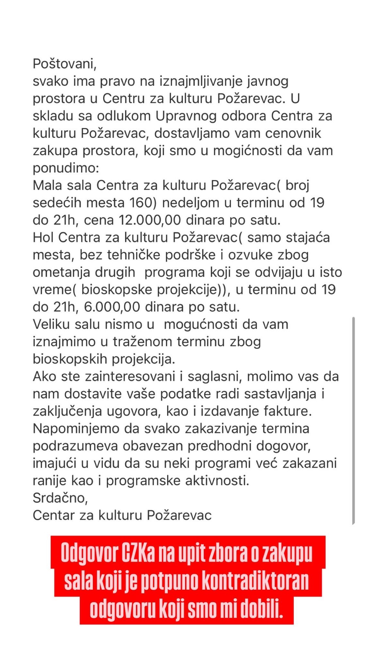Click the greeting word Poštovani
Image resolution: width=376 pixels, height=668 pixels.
coord(64,64)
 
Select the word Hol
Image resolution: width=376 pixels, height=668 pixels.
coord(43,237)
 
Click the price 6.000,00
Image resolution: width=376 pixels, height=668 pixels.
coord(112,307)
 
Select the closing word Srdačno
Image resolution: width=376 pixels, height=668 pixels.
coord(60,498)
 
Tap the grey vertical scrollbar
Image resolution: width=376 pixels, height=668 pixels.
coord(353,421)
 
